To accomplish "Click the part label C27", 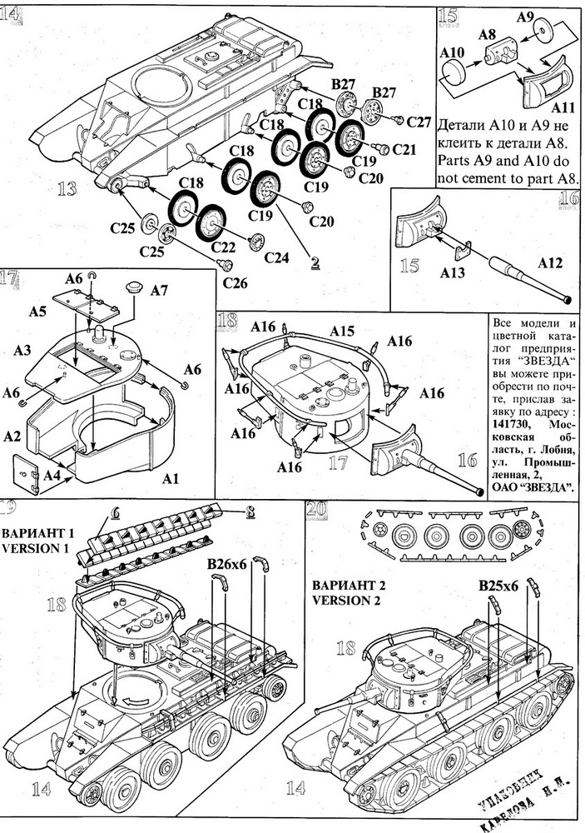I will point(419,123).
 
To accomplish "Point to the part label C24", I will point(278,257).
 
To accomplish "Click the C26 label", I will point(235,284).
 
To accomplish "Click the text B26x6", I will point(227,566).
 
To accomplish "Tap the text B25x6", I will point(498,586).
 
